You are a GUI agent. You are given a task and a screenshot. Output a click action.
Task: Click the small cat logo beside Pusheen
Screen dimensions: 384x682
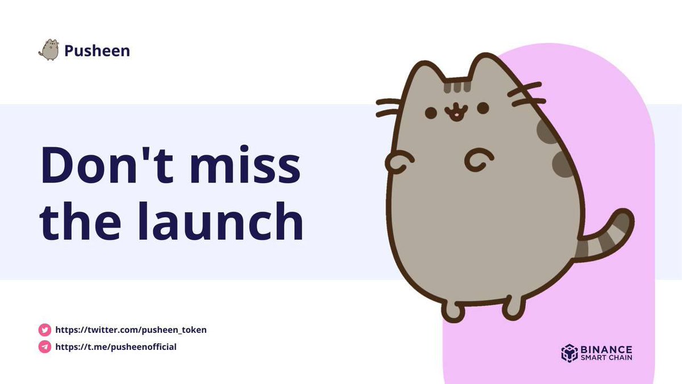pyautogui.click(x=49, y=50)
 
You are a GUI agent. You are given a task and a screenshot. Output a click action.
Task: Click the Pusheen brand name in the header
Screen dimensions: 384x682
pyautogui.click(x=97, y=51)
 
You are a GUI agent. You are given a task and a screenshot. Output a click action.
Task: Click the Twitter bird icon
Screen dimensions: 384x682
pyautogui.click(x=45, y=330)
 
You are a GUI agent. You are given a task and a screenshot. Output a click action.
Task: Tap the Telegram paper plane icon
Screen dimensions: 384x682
pyautogui.click(x=45, y=346)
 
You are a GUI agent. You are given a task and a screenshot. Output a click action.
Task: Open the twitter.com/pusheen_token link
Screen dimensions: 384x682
pyautogui.click(x=131, y=330)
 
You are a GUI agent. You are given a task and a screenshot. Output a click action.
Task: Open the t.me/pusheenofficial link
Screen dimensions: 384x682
pyautogui.click(x=116, y=346)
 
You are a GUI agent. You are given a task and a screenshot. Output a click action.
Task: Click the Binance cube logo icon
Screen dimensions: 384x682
pyautogui.click(x=569, y=353)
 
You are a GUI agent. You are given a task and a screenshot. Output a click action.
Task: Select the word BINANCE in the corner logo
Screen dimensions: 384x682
pyautogui.click(x=606, y=349)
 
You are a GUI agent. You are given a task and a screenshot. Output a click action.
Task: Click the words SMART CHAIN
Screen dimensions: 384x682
pyautogui.click(x=606, y=358)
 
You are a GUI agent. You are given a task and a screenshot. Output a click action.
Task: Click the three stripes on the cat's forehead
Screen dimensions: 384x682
pyautogui.click(x=458, y=86)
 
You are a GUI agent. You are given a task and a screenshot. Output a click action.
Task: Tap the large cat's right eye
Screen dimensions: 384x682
pyautogui.click(x=483, y=108)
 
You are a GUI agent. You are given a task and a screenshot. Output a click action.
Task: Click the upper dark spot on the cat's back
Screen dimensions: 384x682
pyautogui.click(x=548, y=132)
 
